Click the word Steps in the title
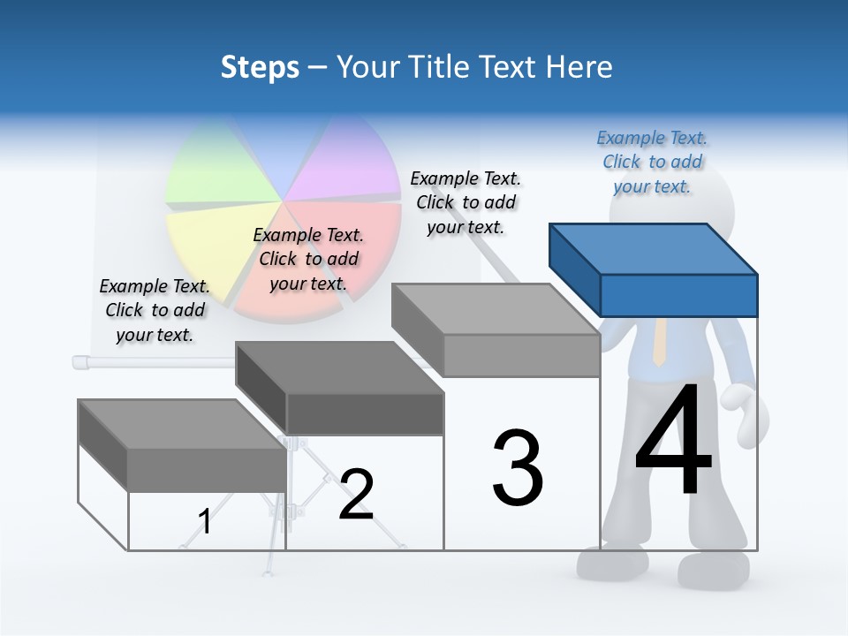pos(260,67)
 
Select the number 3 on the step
pos(518,467)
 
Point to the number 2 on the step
pos(356,494)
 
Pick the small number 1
pos(205,521)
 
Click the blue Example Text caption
pos(652,162)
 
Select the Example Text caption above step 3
pos(466,202)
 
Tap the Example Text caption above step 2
pos(308,259)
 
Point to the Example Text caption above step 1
pos(155,310)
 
